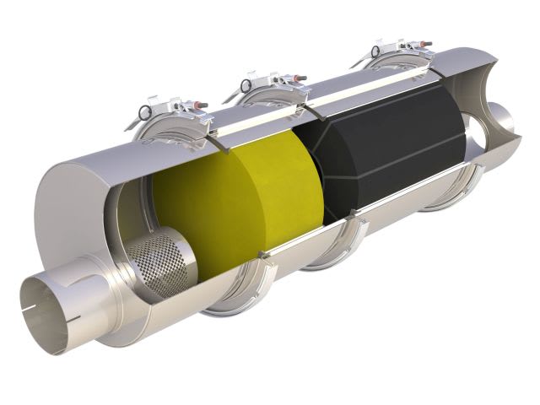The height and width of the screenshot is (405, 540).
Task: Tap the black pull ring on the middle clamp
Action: [245, 84]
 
